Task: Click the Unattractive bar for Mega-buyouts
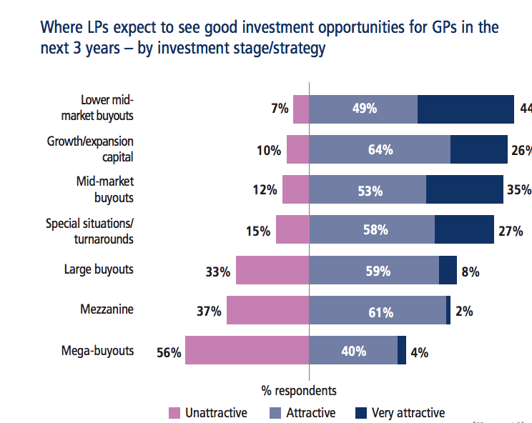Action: (x=247, y=350)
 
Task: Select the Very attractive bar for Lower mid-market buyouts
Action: (x=465, y=109)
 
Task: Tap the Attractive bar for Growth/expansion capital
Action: (x=380, y=150)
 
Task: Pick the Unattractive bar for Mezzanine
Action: (x=267, y=311)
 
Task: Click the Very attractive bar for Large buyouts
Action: (x=448, y=271)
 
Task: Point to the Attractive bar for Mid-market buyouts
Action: (x=368, y=190)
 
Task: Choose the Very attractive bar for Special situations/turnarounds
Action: (x=464, y=230)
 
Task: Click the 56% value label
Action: (x=169, y=352)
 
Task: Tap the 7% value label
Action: (x=280, y=109)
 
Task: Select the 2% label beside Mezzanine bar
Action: (x=464, y=312)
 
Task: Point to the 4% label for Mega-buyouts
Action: (x=419, y=352)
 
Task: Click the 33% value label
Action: (x=217, y=272)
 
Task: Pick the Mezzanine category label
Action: (x=107, y=310)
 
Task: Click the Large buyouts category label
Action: (x=99, y=269)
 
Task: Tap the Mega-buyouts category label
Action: (x=97, y=350)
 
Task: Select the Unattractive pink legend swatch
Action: (x=174, y=413)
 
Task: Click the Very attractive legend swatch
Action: (x=361, y=413)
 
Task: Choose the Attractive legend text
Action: (x=310, y=413)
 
